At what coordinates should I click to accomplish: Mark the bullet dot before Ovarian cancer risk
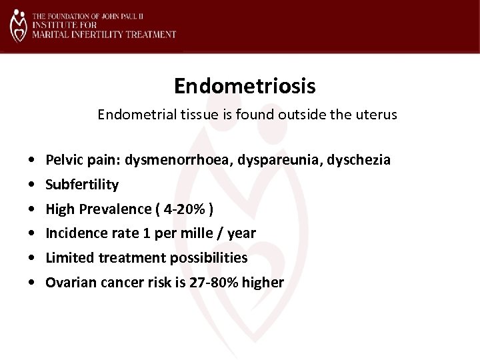32,283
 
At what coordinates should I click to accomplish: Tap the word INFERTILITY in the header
89,33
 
